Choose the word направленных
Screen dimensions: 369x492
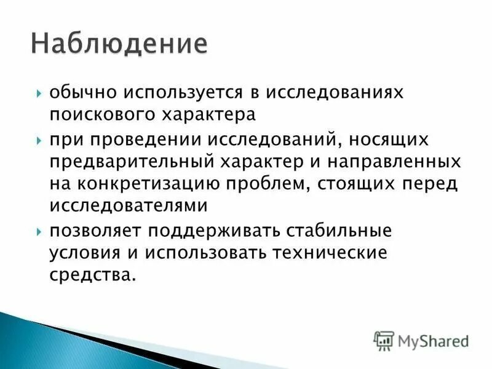(x=399, y=162)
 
